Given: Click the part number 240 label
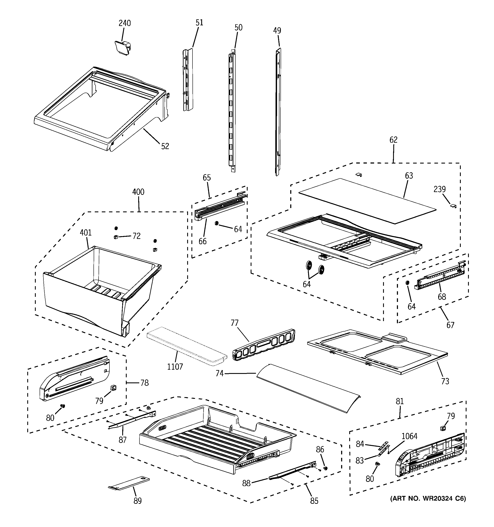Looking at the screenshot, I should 124,23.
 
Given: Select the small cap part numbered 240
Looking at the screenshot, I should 123,47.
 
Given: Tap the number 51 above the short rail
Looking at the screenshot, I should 199,23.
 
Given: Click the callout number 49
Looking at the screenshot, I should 277,30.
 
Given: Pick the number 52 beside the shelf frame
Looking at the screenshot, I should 165,146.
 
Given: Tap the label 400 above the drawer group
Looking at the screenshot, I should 138,192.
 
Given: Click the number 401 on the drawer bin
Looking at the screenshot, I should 86,233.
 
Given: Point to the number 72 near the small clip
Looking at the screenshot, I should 136,236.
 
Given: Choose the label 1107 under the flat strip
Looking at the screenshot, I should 175,367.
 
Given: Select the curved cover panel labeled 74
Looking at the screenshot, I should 308,389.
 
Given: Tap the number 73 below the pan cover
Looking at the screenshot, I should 445,381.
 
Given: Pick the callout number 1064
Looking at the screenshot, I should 409,436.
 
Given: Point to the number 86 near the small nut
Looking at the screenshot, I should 320,449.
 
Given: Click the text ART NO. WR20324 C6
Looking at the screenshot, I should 428,498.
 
